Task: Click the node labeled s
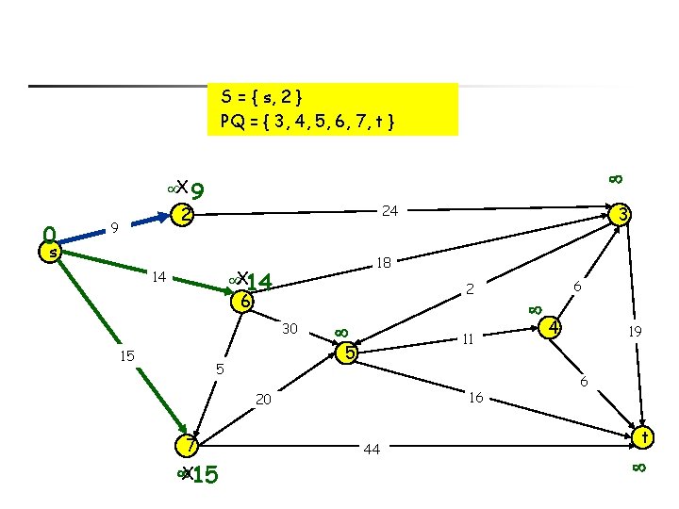click(55, 252)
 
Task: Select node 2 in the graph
click(187, 215)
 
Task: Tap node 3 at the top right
click(621, 216)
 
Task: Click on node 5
click(349, 354)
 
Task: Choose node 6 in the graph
click(244, 302)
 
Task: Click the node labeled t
click(644, 437)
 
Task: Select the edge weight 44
click(372, 450)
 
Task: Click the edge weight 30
click(290, 328)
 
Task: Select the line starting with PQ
click(306, 121)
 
